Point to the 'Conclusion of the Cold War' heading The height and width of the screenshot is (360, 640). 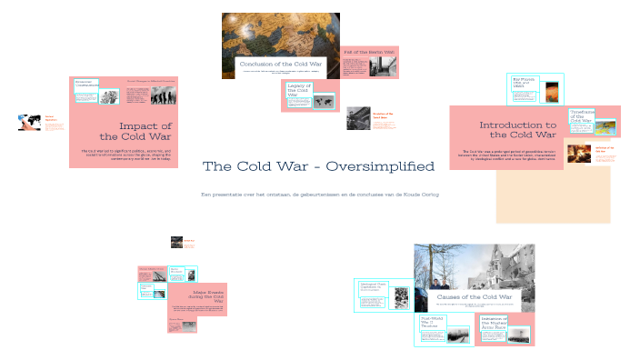(281, 65)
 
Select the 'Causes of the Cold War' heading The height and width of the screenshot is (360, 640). (475, 296)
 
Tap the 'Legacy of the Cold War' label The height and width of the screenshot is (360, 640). (299, 88)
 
